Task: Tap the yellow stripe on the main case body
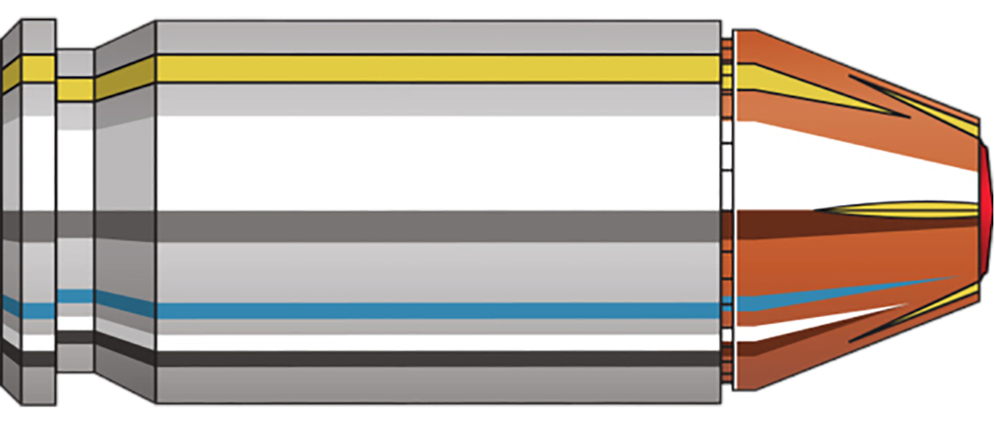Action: pyautogui.click(x=437, y=67)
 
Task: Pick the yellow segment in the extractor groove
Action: pyautogui.click(x=75, y=89)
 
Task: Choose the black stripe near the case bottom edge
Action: pyautogui.click(x=437, y=358)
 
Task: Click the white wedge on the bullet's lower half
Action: pyautogui.click(x=797, y=326)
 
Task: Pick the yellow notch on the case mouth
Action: pyautogui.click(x=726, y=68)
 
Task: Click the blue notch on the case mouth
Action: pyautogui.click(x=726, y=309)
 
